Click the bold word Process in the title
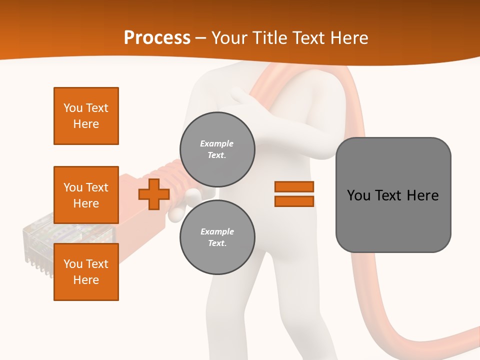[157, 38]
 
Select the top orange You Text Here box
[86, 116]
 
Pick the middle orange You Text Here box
[86, 195]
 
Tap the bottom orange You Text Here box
[86, 272]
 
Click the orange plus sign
[154, 194]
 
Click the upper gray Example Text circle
[217, 149]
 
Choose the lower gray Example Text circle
[217, 237]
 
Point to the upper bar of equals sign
[294, 186]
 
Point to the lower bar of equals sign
[294, 201]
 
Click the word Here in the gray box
[422, 195]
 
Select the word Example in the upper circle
[216, 143]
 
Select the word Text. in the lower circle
[216, 243]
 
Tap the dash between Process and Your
[201, 38]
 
